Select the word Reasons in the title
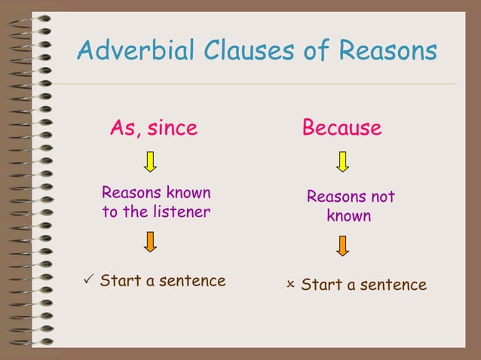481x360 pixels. point(388,51)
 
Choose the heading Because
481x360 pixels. point(342,128)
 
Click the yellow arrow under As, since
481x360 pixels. point(150,161)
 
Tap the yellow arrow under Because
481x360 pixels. point(343,161)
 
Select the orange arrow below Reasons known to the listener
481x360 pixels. point(150,241)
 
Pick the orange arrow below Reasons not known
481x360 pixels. point(343,246)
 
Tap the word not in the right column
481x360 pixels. point(382,197)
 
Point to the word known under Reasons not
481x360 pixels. point(348,217)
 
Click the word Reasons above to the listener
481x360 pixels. point(129,193)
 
